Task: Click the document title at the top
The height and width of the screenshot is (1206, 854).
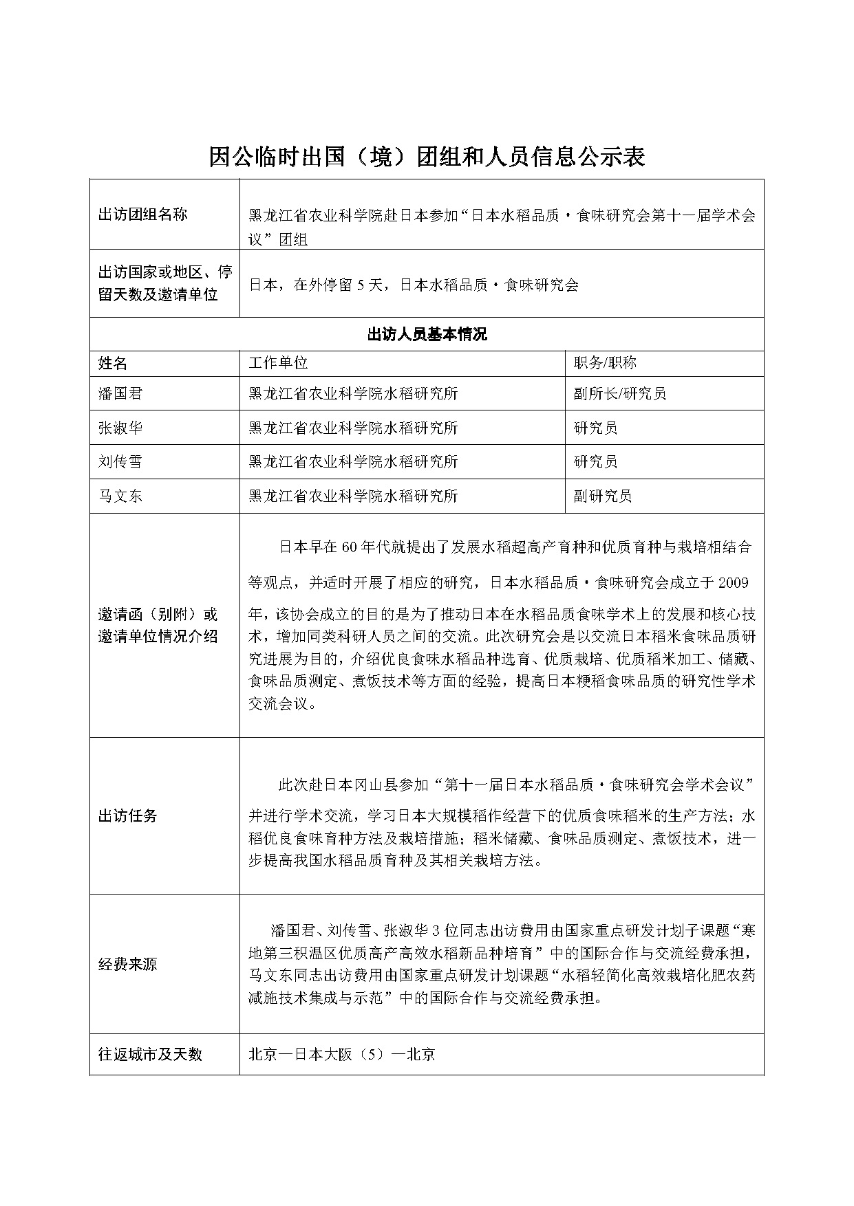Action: pyautogui.click(x=427, y=157)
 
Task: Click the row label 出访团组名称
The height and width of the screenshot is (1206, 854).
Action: pyautogui.click(x=142, y=215)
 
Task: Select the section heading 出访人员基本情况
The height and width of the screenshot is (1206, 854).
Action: pyautogui.click(x=427, y=335)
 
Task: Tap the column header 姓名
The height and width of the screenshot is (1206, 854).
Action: pyautogui.click(x=114, y=364)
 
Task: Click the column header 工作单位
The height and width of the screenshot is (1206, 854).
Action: pyautogui.click(x=278, y=363)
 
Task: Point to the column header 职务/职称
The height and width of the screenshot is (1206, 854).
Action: pyautogui.click(x=605, y=363)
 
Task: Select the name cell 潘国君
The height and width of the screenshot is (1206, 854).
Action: pyautogui.click(x=121, y=393)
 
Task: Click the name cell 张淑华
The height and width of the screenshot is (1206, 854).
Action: pyautogui.click(x=121, y=428)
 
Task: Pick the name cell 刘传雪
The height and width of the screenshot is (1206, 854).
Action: pyautogui.click(x=121, y=461)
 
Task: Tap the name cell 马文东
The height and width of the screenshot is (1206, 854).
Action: pyautogui.click(x=121, y=496)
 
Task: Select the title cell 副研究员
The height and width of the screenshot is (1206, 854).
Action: pyautogui.click(x=603, y=496)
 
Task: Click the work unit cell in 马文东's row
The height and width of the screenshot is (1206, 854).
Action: pyautogui.click(x=353, y=496)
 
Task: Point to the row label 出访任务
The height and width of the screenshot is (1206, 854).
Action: pyautogui.click(x=128, y=816)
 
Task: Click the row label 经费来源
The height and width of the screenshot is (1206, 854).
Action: pyautogui.click(x=128, y=964)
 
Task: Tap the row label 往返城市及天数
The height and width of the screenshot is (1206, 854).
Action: pyautogui.click(x=150, y=1054)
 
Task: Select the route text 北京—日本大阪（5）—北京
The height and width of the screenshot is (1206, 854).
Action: pyautogui.click(x=341, y=1054)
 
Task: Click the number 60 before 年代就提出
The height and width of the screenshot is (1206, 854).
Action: pyautogui.click(x=349, y=547)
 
